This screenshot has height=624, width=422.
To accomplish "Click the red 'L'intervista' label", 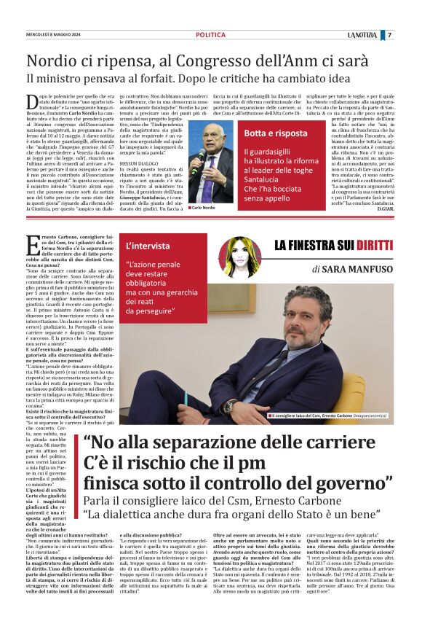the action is point(148,245).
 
